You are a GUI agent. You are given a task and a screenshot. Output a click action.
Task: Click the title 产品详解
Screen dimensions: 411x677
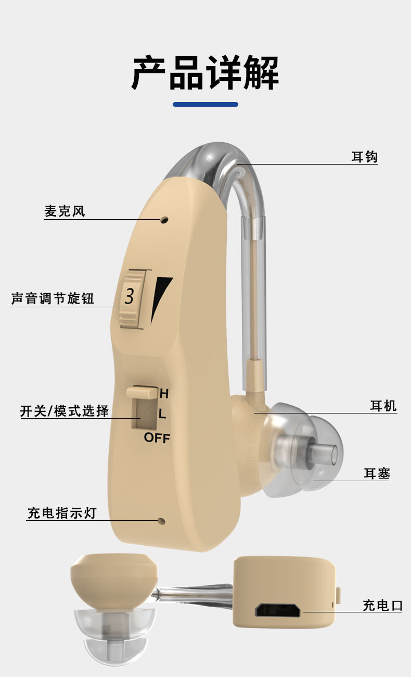[x=205, y=73]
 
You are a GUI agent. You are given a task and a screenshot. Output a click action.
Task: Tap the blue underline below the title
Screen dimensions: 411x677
[x=205, y=104]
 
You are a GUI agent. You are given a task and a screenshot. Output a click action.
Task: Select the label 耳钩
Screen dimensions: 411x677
[x=364, y=157]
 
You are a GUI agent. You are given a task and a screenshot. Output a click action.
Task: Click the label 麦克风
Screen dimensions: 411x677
[x=65, y=211]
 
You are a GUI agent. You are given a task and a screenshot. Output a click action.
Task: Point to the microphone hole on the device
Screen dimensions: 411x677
[x=164, y=220]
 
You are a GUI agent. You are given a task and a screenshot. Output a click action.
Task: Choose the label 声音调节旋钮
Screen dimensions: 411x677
[x=53, y=299]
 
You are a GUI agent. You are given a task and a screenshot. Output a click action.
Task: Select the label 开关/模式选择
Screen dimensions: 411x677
[x=65, y=411]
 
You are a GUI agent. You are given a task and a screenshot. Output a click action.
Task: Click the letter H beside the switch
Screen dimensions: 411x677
[x=164, y=394]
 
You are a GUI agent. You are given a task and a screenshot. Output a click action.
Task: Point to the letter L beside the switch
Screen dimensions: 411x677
[x=162, y=415]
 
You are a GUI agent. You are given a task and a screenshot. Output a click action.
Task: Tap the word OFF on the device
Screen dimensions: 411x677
[x=157, y=438]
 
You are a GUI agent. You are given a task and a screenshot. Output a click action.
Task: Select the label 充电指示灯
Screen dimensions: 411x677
[x=62, y=513]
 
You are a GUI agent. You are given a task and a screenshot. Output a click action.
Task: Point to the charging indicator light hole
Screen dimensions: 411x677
[x=161, y=520]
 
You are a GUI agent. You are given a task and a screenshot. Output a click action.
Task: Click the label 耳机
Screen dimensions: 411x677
[x=383, y=406]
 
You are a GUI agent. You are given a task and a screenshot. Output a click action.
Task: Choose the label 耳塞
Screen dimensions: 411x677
[x=377, y=473]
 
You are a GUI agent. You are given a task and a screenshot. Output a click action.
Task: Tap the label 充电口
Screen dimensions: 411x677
[x=382, y=605]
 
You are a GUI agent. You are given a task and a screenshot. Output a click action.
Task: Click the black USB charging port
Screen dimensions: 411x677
[x=278, y=610]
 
